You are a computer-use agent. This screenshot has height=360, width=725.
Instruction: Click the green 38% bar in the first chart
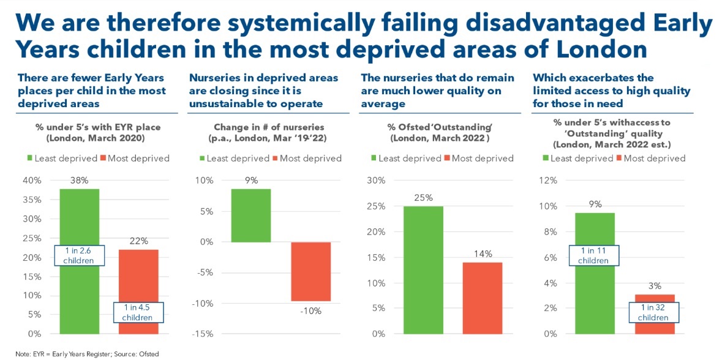(x=79, y=220)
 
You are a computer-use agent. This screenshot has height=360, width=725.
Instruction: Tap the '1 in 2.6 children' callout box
(x=79, y=255)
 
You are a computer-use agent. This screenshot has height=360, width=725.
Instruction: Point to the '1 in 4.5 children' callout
(x=138, y=313)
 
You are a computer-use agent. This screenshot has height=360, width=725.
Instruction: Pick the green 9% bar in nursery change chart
(x=251, y=216)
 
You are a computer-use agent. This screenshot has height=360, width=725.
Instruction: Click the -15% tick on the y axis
(x=204, y=334)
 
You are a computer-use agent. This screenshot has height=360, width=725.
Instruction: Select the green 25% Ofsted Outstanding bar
(x=423, y=269)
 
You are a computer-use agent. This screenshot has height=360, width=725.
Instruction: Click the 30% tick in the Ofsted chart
(x=376, y=181)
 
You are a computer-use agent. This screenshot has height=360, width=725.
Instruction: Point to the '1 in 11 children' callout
(x=595, y=256)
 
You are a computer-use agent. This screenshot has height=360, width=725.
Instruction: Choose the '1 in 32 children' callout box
(x=655, y=313)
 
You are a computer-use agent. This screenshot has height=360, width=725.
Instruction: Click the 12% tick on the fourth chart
(x=549, y=181)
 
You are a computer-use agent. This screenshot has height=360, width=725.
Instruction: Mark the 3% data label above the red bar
(x=654, y=286)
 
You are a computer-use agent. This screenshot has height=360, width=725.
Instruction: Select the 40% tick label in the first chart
(x=32, y=181)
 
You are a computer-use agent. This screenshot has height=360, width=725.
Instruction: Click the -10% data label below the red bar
(x=311, y=310)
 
